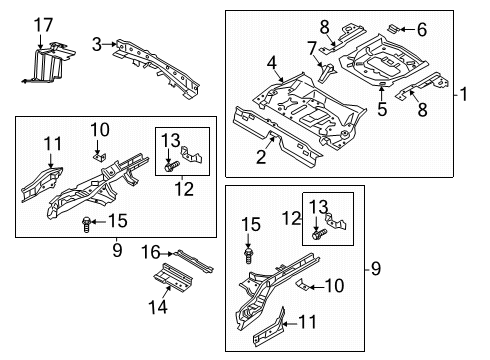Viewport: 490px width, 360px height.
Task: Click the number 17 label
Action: click(x=43, y=25)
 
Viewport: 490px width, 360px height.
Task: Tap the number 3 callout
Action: click(x=97, y=44)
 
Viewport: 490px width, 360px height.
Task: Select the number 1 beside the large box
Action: click(x=464, y=94)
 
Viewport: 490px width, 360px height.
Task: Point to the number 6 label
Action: click(x=422, y=30)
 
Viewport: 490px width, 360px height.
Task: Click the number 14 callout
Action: click(x=158, y=307)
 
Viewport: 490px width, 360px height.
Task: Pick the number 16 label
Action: click(x=151, y=252)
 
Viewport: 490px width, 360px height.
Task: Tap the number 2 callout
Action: click(x=261, y=157)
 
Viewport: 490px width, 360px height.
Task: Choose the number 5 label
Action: click(x=382, y=109)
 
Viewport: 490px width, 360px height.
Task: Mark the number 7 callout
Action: click(x=312, y=49)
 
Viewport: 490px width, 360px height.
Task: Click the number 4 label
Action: click(x=272, y=63)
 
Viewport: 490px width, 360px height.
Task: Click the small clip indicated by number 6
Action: click(x=393, y=28)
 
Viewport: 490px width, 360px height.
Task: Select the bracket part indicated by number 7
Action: click(x=327, y=73)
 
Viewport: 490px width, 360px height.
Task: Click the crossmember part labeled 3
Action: click(x=157, y=68)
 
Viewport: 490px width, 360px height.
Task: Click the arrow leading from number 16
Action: click(x=168, y=254)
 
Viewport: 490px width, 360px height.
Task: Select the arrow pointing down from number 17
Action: click(x=40, y=42)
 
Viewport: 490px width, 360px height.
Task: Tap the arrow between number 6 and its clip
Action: click(x=407, y=29)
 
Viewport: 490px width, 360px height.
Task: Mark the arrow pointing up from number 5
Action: click(x=382, y=92)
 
